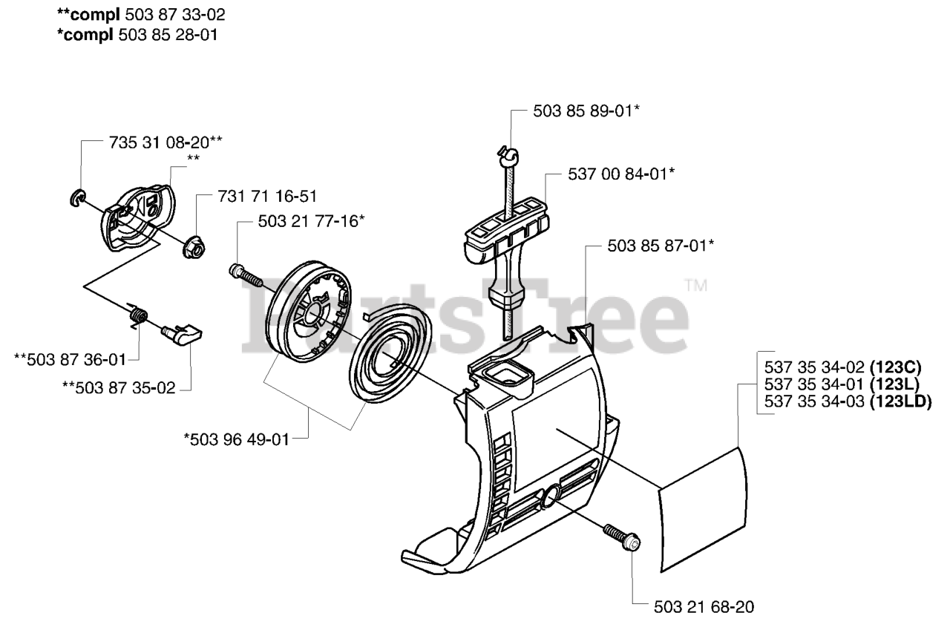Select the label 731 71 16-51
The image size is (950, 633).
coord(266,197)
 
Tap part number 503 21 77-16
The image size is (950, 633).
coord(311,221)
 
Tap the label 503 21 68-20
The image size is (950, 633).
coord(704,607)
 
